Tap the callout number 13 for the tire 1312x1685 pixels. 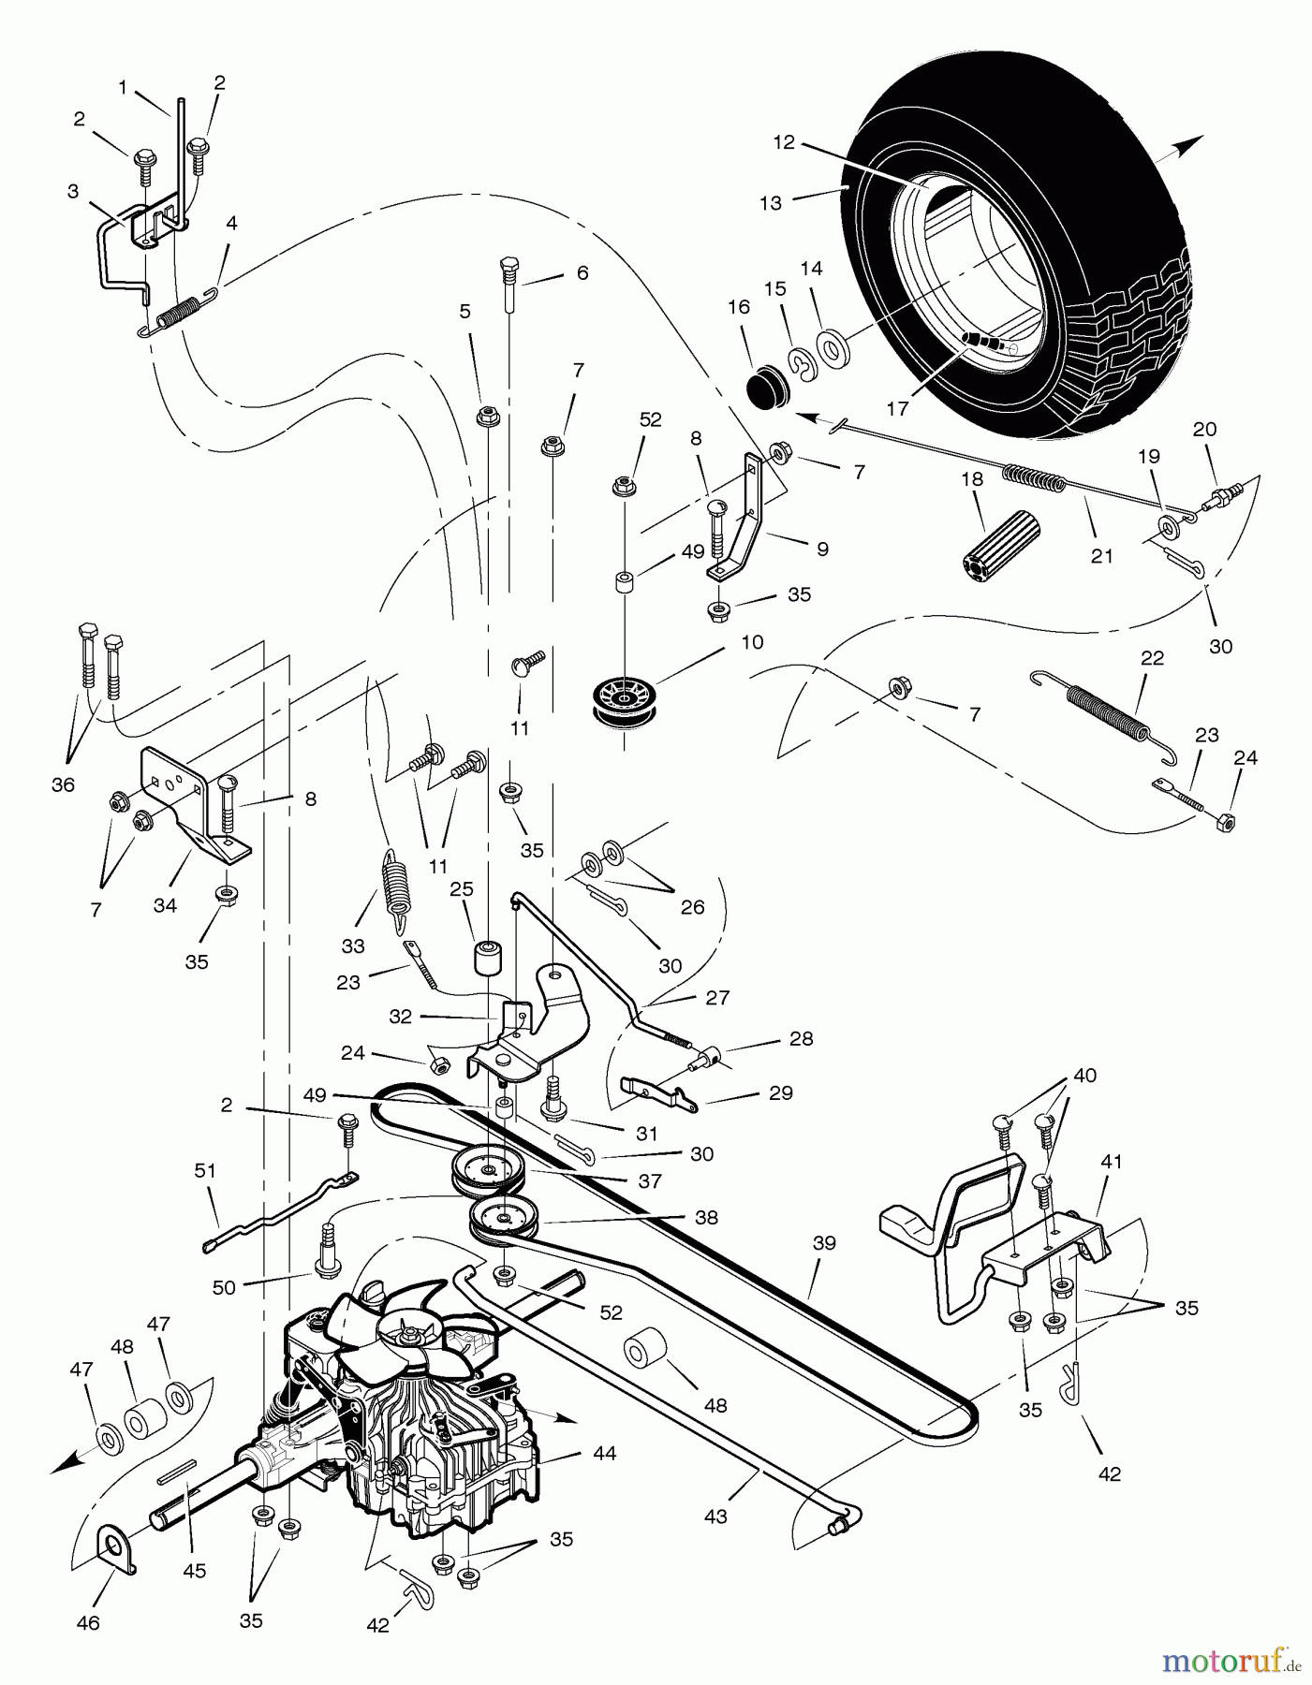[771, 203]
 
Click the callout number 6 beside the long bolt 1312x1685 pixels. [582, 272]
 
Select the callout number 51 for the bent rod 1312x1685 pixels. [205, 1170]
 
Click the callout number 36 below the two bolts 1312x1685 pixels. [63, 784]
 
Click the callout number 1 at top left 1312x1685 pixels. [123, 87]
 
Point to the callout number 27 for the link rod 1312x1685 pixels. [717, 997]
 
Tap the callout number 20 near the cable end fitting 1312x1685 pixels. [1205, 429]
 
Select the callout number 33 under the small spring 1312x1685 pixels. [352, 946]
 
